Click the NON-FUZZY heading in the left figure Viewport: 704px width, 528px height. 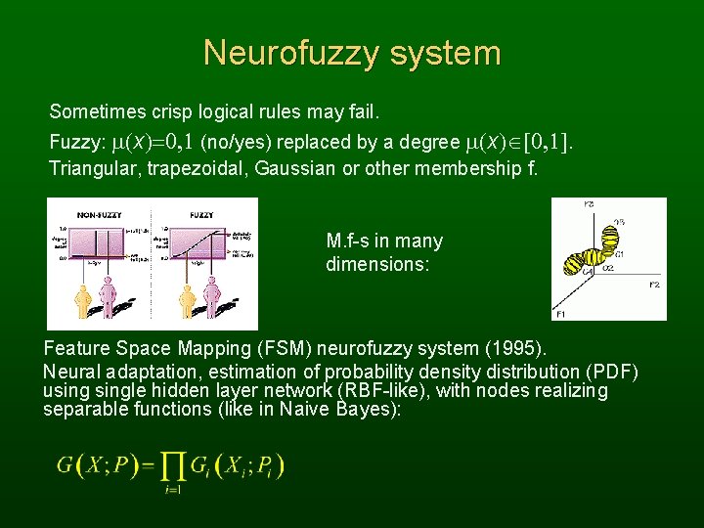[x=98, y=213]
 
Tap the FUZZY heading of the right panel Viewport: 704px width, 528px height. [x=201, y=213]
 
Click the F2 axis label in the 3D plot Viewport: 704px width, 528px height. [x=655, y=284]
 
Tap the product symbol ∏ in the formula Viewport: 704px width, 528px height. [x=171, y=465]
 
